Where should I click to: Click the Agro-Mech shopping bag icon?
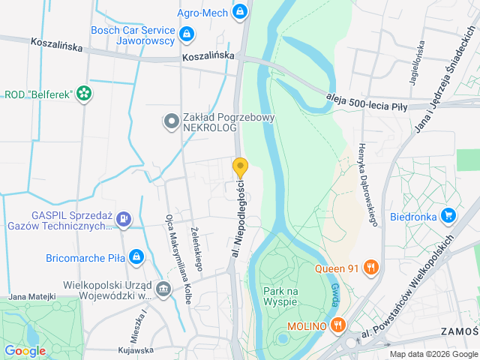tap(239, 11)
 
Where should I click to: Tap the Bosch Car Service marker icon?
tap(186, 34)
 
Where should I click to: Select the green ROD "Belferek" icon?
tap(85, 94)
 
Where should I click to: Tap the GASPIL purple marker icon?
tap(124, 219)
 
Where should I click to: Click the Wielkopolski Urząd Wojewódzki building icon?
tap(163, 289)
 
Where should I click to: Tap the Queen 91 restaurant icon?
tap(370, 267)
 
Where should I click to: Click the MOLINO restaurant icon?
tap(338, 325)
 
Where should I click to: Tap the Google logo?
tap(25, 350)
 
